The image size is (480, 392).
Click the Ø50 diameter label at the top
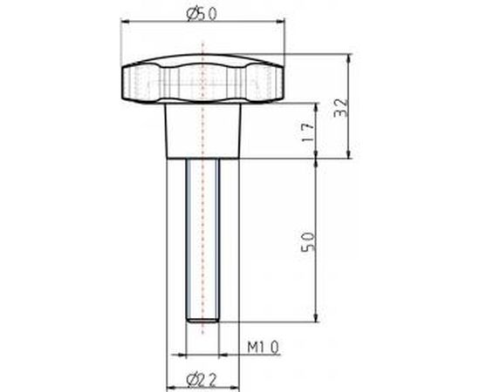coord(202,13)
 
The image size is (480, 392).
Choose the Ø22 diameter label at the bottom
coord(202,378)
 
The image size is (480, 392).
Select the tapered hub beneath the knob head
coord(202,131)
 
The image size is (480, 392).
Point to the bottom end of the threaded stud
coord(202,319)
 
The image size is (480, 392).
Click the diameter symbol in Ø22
coord(192,378)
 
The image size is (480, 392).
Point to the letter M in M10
coord(250,348)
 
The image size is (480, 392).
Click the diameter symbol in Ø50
coord(192,13)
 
